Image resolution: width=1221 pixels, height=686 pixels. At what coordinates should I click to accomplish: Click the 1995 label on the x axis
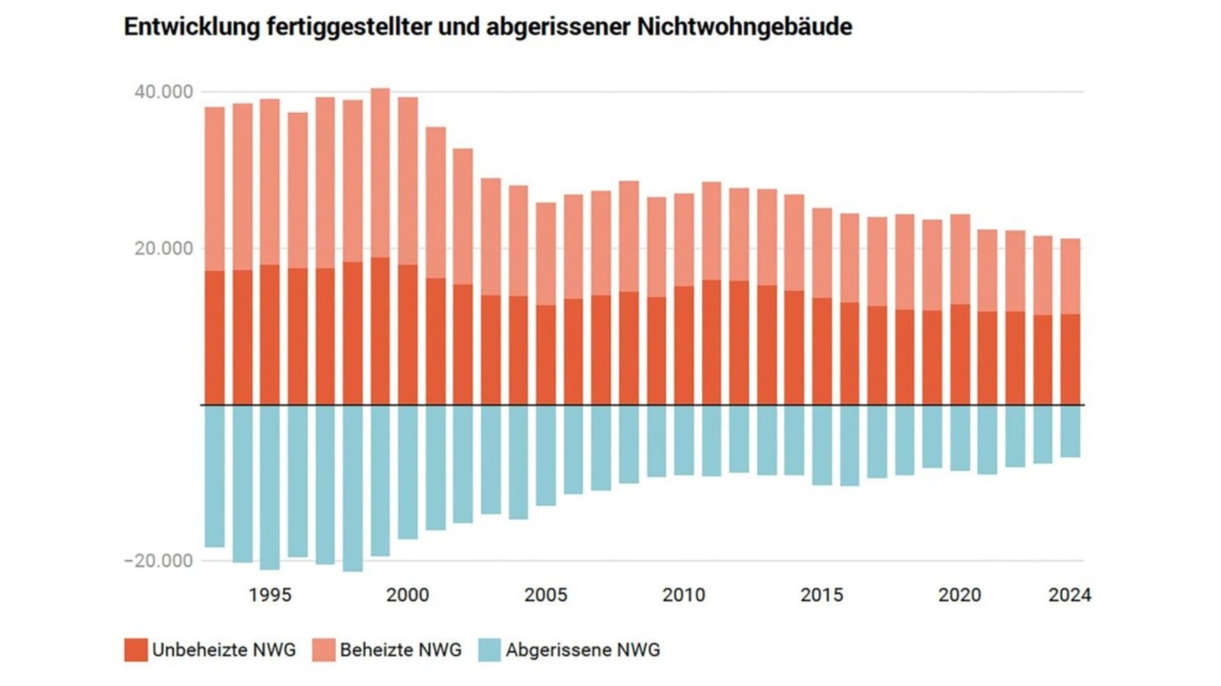coord(269,594)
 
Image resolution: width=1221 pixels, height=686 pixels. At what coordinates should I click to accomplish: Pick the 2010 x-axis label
coord(684,594)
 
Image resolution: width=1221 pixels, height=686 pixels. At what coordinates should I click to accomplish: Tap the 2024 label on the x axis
coord(1070,594)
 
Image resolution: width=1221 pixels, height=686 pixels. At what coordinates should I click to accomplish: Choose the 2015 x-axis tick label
coord(821,594)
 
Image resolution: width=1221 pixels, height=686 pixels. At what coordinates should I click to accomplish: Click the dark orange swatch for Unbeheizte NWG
coord(135,650)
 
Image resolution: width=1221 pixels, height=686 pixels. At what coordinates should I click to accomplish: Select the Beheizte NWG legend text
coord(401,650)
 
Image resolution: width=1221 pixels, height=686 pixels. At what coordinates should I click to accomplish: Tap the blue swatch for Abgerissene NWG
coord(489,650)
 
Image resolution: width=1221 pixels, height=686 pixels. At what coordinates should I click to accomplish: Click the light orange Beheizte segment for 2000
coord(408,180)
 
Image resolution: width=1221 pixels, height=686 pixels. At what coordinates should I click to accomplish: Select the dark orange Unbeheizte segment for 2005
coord(546,355)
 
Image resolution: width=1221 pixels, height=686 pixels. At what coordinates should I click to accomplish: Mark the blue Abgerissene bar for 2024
coord(1070,431)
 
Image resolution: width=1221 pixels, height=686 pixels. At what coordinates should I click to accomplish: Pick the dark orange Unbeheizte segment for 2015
coord(821,351)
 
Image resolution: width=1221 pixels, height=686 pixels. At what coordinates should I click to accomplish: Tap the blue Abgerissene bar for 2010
coord(684,440)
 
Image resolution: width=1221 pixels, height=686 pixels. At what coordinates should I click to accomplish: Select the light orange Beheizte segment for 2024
coord(1070,276)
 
